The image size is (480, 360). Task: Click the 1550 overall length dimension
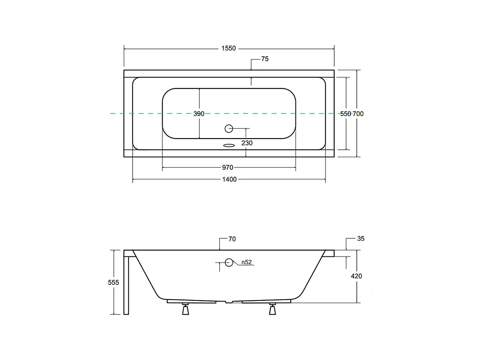228,48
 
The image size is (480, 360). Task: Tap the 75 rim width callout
265,59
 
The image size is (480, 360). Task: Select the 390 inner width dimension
199,114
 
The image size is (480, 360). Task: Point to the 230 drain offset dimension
247,143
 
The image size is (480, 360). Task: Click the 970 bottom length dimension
228,167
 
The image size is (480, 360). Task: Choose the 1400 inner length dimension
229,180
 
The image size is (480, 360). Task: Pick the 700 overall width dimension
358,114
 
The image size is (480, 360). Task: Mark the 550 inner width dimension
346,114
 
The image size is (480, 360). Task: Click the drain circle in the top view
229,129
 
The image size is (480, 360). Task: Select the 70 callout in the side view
232,239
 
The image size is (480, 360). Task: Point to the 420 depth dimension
357,276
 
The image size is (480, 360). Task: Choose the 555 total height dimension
113,282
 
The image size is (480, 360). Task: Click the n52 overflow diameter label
247,262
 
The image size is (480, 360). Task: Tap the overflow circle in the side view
229,262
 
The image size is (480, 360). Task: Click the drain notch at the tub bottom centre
228,302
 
